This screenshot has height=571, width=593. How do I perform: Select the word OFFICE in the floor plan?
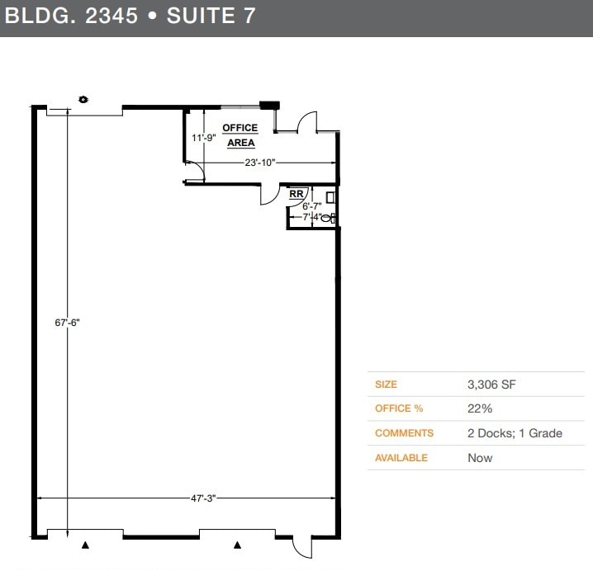(x=240, y=128)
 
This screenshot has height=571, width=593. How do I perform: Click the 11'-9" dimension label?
(x=203, y=138)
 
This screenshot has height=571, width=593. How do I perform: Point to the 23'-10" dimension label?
(x=259, y=163)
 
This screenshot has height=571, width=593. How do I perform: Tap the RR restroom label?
(x=296, y=194)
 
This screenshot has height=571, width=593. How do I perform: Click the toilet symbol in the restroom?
(x=328, y=218)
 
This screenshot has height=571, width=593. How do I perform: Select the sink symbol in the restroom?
(x=330, y=198)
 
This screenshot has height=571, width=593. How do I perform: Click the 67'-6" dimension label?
(x=67, y=323)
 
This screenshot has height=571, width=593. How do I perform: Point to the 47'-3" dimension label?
(x=202, y=498)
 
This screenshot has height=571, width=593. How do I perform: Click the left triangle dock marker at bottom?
(x=85, y=545)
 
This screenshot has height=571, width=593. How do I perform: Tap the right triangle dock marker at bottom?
(x=238, y=545)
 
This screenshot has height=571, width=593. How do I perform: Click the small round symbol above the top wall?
(x=83, y=99)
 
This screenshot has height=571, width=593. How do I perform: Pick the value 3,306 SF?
(x=491, y=385)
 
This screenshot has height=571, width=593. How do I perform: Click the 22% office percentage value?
(x=480, y=408)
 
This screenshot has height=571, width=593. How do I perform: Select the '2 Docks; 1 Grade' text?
(x=515, y=433)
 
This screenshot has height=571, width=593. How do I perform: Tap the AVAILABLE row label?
(x=401, y=458)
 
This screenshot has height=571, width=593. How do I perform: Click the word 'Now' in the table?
(x=480, y=458)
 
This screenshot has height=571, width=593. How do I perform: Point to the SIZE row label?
(x=386, y=385)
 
